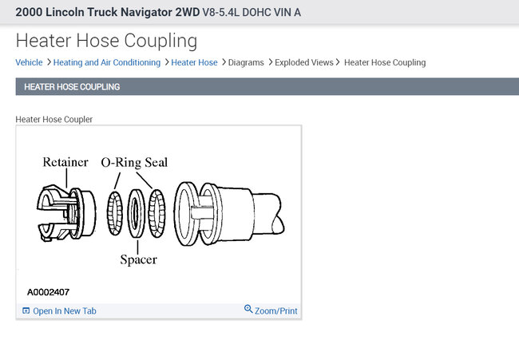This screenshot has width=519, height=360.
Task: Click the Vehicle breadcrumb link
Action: pos(29,62)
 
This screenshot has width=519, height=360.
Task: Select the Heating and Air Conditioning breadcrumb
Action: pos(106,62)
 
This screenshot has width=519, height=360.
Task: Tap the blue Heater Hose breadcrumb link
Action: pos(194,62)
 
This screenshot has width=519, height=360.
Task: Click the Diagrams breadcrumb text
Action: pos(246,62)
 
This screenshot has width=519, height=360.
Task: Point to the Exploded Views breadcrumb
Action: pos(304,62)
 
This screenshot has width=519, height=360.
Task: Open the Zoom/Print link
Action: pos(275,311)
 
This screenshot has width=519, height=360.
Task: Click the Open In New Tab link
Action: pos(65,311)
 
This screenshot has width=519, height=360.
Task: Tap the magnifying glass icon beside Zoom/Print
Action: pos(248,309)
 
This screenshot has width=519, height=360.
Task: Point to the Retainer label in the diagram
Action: pos(65,162)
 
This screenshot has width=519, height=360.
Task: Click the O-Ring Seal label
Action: pos(134,163)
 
